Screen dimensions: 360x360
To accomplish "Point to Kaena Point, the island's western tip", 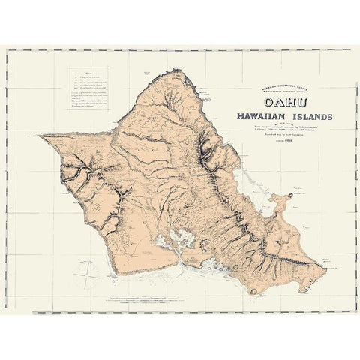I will click(x=42, y=136).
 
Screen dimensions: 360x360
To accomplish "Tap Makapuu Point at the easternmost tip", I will click(x=324, y=265).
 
